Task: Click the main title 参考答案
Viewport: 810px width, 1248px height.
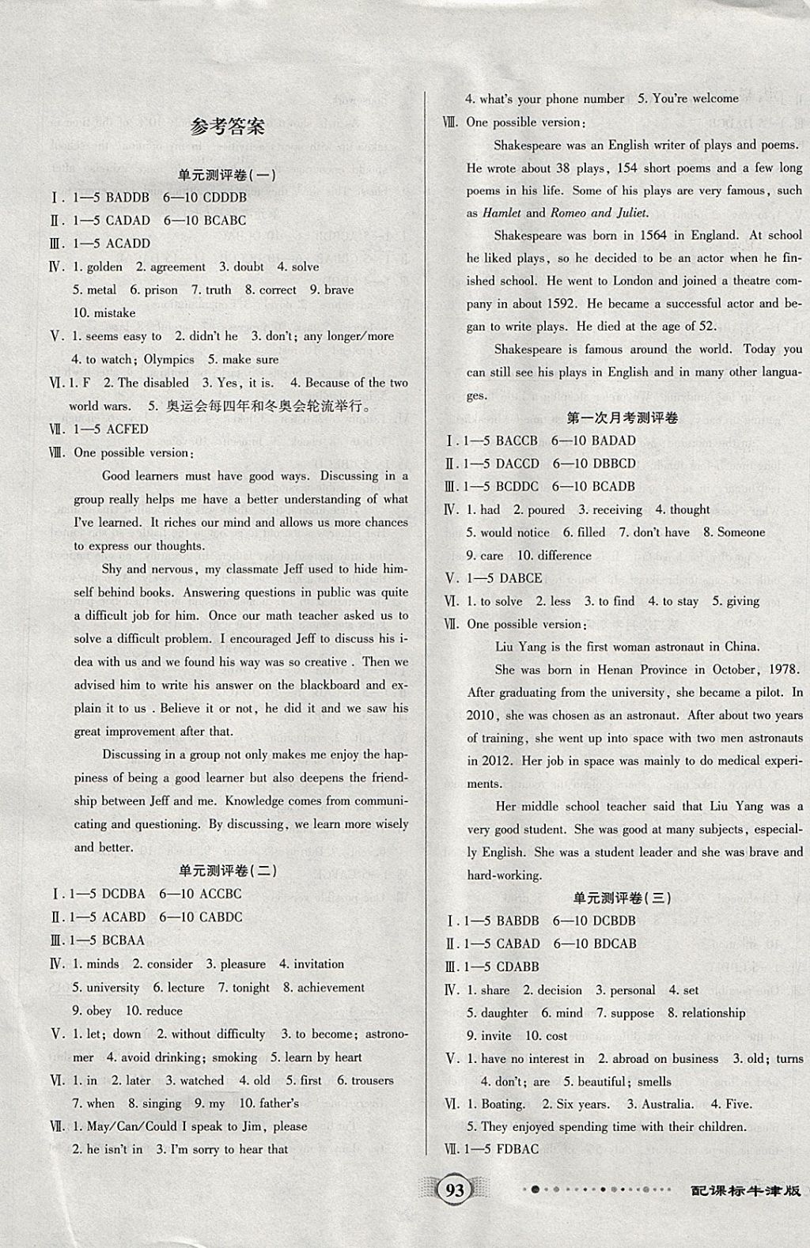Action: point(229,127)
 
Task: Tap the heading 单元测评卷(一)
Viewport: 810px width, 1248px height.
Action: point(228,175)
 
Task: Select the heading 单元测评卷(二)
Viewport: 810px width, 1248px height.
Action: point(228,871)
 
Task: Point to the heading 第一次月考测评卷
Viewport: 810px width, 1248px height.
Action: point(623,418)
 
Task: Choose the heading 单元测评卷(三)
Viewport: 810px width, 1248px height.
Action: point(622,898)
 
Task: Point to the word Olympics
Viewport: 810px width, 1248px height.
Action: point(168,359)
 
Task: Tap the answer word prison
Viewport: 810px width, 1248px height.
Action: point(161,290)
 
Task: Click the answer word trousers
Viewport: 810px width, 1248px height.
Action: point(372,1080)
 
